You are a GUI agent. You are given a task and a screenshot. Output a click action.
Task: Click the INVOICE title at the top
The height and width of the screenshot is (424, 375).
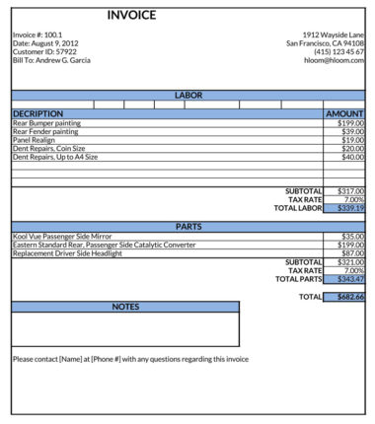click(131, 15)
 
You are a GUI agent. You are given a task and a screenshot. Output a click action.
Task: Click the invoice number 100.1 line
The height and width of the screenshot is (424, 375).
click(37, 35)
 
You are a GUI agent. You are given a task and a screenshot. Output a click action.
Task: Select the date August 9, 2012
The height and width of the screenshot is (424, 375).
click(45, 43)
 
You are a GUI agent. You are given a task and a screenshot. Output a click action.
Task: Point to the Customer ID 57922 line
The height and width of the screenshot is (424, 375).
click(44, 51)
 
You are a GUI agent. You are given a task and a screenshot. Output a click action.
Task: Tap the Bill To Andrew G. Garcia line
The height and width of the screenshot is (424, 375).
click(51, 60)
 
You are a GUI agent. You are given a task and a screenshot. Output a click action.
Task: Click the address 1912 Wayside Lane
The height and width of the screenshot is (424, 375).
click(334, 35)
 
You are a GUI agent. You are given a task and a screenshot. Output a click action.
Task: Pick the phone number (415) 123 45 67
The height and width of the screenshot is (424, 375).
click(339, 51)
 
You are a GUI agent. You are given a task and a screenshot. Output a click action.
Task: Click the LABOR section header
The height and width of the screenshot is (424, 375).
click(187, 95)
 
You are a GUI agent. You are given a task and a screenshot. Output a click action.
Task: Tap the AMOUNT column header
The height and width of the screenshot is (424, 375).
click(344, 114)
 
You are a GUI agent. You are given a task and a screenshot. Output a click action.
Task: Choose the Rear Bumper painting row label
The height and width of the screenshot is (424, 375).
click(46, 123)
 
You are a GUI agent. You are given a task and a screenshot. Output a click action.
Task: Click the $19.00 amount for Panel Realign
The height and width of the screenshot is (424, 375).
click(352, 140)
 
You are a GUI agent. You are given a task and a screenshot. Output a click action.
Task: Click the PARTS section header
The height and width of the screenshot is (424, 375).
click(187, 226)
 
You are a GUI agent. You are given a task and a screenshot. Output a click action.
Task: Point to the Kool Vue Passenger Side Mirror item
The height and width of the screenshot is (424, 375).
click(62, 237)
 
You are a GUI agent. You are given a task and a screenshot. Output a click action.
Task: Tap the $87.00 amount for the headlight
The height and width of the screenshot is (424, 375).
click(352, 253)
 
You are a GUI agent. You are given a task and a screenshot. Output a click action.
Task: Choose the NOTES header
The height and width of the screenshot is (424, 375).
click(125, 307)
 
